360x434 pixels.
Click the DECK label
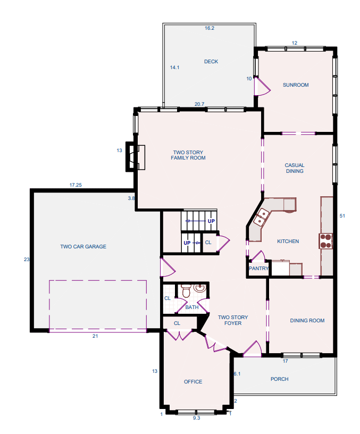tap(211, 62)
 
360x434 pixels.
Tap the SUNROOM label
tap(296, 85)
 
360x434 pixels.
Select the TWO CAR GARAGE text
tap(83, 247)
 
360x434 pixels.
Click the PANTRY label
tap(258, 269)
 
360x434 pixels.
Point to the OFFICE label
tap(193, 382)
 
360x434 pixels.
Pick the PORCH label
tap(280, 379)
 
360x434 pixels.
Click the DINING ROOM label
tap(307, 321)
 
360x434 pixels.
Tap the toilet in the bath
tap(186, 290)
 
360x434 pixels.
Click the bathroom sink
tap(199, 288)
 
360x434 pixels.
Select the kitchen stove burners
tap(325, 241)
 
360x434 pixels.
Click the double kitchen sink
tap(261, 217)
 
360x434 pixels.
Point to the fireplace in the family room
tap(136, 157)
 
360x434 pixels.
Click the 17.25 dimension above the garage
tap(76, 185)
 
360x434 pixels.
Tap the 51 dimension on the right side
tap(342, 216)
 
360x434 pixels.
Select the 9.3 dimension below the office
tap(196, 418)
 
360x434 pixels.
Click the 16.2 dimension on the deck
tap(210, 28)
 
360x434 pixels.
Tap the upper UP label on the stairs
tap(211, 221)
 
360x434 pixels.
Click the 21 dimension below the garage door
tap(95, 336)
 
